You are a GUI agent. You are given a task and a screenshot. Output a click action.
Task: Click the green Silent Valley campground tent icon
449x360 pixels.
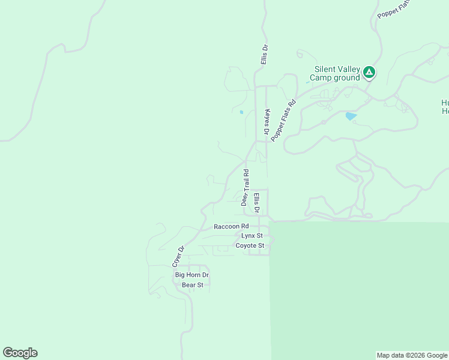369,73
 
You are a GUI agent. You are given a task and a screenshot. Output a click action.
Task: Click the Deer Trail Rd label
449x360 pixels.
245,188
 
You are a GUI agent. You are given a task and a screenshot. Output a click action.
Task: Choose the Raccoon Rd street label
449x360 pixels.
231,227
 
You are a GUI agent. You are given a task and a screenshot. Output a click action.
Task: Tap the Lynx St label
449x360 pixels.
252,236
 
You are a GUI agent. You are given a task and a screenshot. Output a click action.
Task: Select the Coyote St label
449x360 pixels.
250,245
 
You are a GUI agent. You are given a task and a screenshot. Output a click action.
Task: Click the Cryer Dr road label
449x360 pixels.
177,256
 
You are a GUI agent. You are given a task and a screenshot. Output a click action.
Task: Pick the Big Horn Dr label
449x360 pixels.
191,275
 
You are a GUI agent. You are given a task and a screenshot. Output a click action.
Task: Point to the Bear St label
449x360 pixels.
193,284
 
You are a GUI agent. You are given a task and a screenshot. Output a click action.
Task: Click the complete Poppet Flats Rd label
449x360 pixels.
284,120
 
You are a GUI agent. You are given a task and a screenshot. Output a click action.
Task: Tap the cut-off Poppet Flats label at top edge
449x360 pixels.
394,8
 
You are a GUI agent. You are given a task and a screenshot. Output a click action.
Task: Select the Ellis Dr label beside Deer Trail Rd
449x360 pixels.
256,203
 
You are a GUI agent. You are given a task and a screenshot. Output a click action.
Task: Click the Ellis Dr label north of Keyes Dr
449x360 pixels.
264,55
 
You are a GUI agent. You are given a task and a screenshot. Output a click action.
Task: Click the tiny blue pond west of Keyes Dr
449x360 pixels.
241,112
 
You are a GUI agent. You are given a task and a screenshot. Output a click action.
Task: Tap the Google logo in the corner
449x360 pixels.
20,353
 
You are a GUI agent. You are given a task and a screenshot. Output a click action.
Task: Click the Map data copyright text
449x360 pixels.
412,355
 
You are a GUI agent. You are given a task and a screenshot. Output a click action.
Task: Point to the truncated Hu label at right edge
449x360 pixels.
445,106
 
